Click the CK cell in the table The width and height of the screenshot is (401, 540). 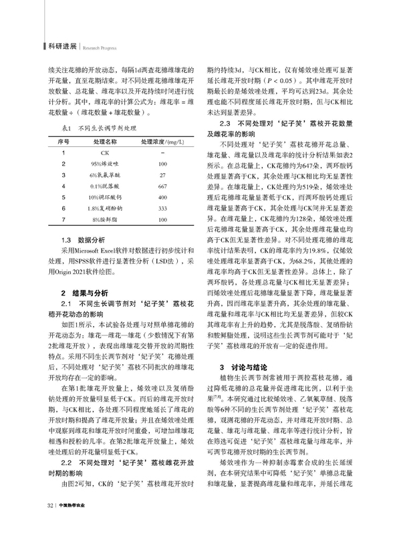[x=104, y=154]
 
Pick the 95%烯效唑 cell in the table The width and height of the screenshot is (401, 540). [x=104, y=164]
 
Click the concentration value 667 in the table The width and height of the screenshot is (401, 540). [x=162, y=186]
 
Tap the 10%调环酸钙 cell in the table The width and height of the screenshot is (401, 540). [x=104, y=198]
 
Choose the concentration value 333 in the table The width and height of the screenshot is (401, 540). [x=162, y=209]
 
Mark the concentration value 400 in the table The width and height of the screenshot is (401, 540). [x=162, y=198]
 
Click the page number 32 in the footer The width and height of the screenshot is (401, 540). [x=49, y=524]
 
